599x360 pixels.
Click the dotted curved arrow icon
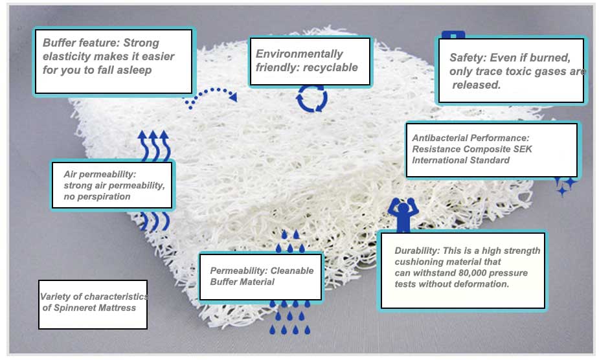(x=210, y=96)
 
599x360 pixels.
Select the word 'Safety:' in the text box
(x=468, y=57)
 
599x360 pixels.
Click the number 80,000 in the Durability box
(x=479, y=273)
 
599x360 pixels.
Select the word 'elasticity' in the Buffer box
(x=67, y=56)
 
